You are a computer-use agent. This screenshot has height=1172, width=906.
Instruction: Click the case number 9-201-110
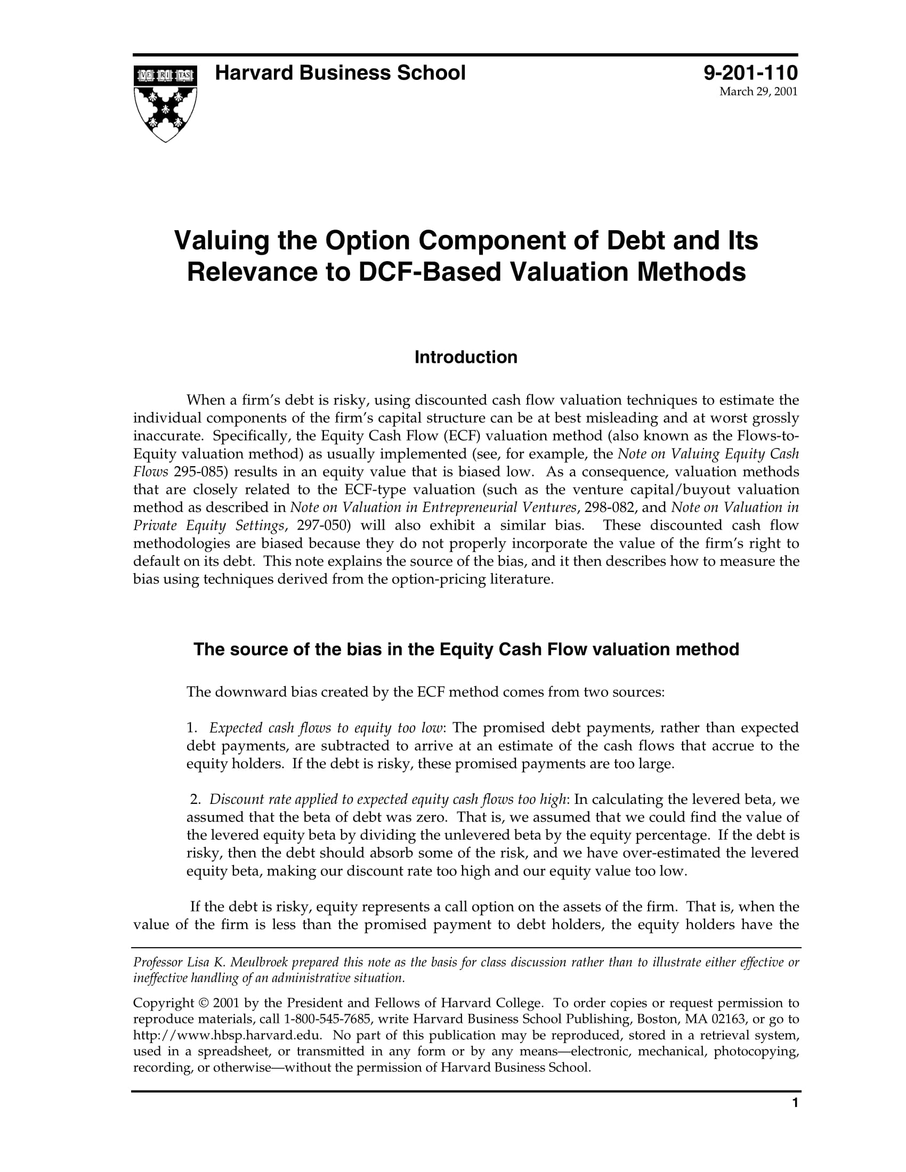tap(750, 73)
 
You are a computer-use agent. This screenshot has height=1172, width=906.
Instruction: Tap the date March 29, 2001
tap(758, 92)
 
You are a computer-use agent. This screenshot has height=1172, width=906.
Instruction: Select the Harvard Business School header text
tap(340, 73)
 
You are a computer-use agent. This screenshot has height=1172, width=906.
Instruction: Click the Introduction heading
tap(465, 357)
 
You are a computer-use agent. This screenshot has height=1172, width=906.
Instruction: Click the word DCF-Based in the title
tap(429, 272)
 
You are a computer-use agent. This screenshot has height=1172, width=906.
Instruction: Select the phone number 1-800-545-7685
tap(322, 1019)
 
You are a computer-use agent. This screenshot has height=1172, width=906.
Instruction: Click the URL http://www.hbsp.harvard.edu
tap(227, 1035)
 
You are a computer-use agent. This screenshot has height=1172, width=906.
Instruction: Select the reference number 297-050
tap(320, 525)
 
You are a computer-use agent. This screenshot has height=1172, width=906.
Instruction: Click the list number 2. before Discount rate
tap(195, 800)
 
